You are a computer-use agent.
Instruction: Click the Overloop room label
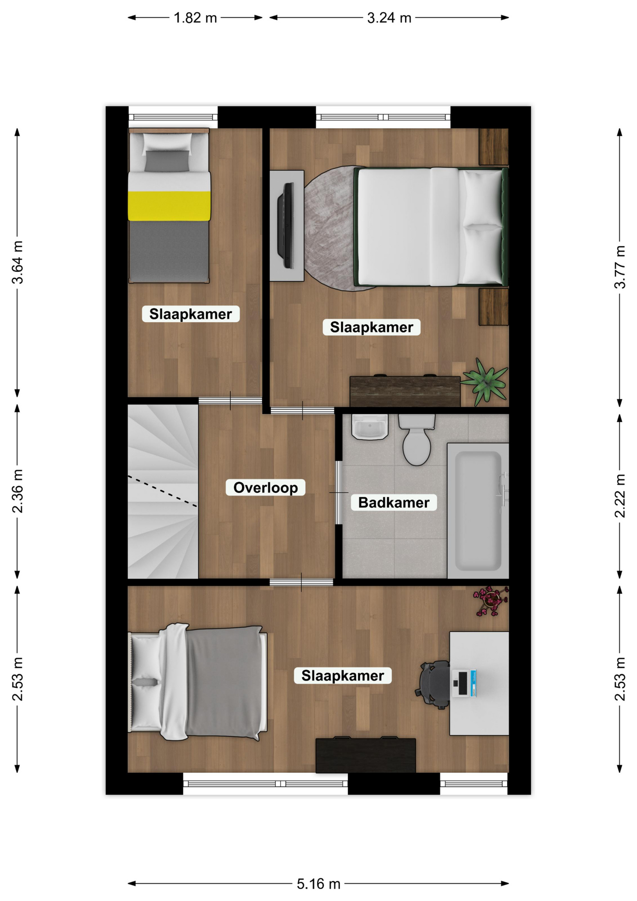tap(265, 488)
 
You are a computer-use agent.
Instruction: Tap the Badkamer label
tap(394, 503)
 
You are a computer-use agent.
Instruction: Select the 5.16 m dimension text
tap(318, 884)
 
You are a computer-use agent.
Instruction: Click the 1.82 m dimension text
tap(195, 18)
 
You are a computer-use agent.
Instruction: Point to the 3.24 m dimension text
tap(389, 18)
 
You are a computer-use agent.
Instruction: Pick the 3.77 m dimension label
tap(620, 267)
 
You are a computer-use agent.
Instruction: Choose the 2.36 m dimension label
tap(17, 491)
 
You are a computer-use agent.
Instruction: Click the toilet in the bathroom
tap(417, 439)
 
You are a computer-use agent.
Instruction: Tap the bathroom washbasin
tap(370, 427)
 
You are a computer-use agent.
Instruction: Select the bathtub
tap(478, 511)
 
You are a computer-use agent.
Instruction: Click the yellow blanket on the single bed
tap(169, 206)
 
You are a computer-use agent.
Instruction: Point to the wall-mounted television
tap(286, 226)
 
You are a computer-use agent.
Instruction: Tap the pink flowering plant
tap(491, 601)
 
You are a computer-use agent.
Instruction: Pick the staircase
tap(163, 491)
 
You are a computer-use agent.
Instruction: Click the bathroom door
tap(339, 492)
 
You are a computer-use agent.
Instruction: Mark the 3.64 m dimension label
tap(17, 262)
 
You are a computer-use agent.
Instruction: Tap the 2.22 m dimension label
tap(620, 496)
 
